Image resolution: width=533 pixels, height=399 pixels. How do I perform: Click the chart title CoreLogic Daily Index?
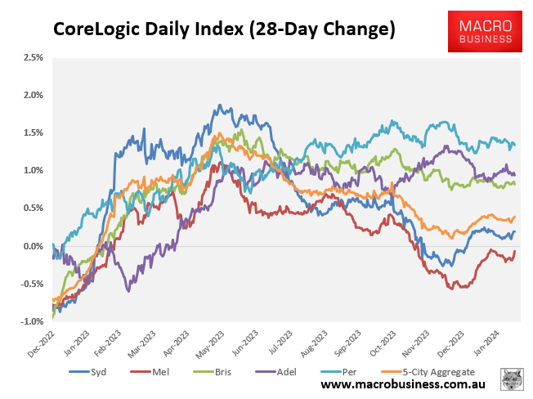[224, 30]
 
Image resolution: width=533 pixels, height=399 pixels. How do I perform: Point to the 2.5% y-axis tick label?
[33, 57]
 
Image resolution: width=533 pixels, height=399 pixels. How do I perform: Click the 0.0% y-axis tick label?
[33, 246]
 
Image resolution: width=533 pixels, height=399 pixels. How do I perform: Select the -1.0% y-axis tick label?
[31, 321]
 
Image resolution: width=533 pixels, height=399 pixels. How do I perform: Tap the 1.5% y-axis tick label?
[33, 132]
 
